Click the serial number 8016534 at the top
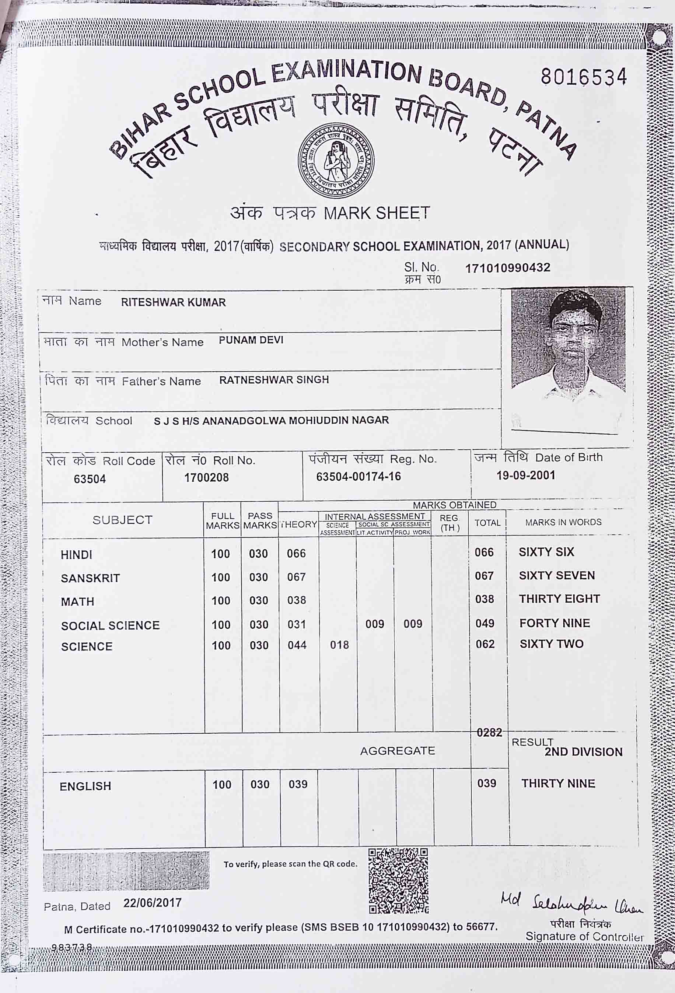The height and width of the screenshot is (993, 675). click(x=584, y=77)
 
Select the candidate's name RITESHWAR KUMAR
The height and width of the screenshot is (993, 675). click(x=173, y=302)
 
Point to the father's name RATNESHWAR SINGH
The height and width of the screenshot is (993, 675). click(x=274, y=380)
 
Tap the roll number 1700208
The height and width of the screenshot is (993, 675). click(x=206, y=477)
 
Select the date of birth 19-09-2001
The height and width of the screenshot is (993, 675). click(x=525, y=475)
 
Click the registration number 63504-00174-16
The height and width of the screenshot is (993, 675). click(x=358, y=476)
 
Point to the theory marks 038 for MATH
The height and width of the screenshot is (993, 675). click(x=296, y=600)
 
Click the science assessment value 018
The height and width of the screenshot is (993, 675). click(x=339, y=645)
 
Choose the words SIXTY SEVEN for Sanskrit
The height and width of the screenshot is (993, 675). click(x=557, y=576)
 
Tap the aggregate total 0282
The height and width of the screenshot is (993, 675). click(x=489, y=733)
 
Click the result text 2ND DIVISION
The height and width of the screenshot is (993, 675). click(x=583, y=752)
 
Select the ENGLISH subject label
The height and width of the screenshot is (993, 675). click(x=85, y=786)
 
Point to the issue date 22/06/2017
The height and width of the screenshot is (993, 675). click(x=153, y=903)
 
